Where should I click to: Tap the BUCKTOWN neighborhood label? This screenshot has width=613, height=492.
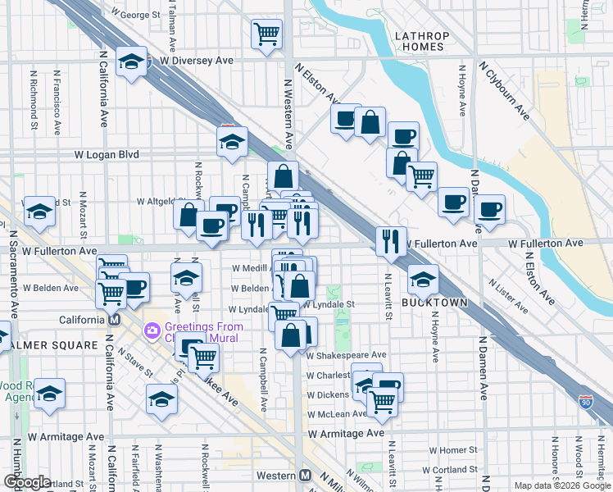[x=434, y=303]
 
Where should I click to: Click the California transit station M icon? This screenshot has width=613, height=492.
[x=115, y=319]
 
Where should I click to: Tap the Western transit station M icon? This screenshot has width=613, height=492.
[x=305, y=476]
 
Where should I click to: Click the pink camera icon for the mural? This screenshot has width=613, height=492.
[x=151, y=331]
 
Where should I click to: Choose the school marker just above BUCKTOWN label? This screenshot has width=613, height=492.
[x=423, y=280]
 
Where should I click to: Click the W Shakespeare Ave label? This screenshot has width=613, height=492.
[x=345, y=355]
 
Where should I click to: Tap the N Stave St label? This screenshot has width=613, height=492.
[x=135, y=362]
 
